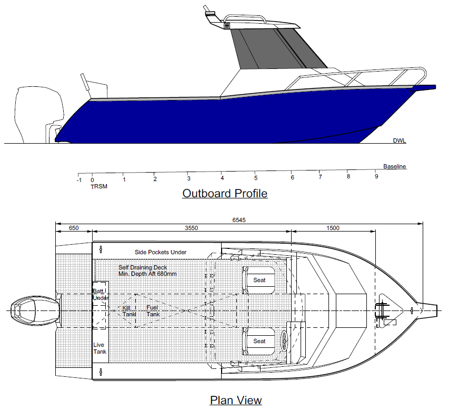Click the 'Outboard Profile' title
click(x=225, y=194)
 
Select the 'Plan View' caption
click(x=236, y=400)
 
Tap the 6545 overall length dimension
click(x=239, y=220)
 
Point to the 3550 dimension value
click(x=192, y=228)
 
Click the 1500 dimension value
click(x=333, y=228)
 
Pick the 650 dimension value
click(x=74, y=228)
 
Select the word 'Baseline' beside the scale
click(x=394, y=167)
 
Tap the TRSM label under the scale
click(x=98, y=187)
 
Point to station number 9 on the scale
click(x=376, y=176)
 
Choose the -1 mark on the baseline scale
click(x=79, y=180)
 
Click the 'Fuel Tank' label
click(x=153, y=310)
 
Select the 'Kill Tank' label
click(x=129, y=310)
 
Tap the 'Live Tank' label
click(x=99, y=348)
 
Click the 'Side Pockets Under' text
click(x=161, y=252)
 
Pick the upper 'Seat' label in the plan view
click(x=260, y=280)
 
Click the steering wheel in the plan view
click(x=285, y=340)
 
